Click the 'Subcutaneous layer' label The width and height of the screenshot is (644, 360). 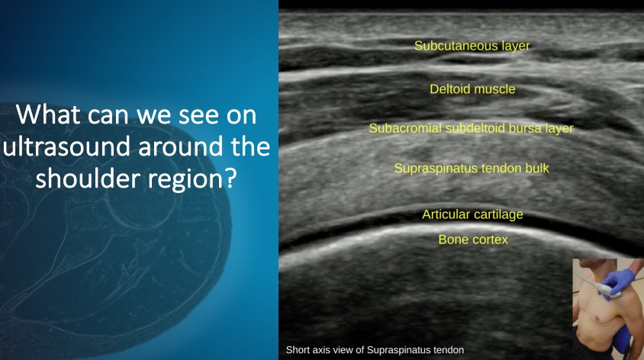coord(472,46)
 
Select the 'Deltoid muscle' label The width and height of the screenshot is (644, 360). coord(472,89)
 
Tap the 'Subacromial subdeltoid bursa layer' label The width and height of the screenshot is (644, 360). coord(471,128)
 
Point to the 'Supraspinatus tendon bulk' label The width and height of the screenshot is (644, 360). coord(471,167)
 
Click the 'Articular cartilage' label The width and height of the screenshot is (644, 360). coord(472,214)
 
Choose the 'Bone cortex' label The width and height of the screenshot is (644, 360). coord(472,239)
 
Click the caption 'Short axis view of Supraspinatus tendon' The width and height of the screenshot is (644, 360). coord(374,350)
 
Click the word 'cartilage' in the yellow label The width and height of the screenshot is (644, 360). coord(496,214)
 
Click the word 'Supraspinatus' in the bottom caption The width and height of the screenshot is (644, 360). coord(401,350)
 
